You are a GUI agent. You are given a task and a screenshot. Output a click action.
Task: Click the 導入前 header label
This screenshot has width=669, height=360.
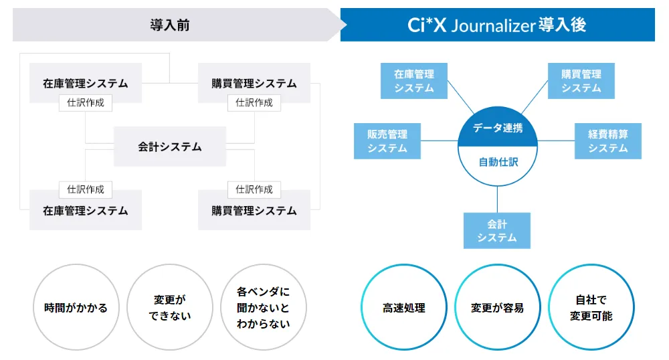(170, 25)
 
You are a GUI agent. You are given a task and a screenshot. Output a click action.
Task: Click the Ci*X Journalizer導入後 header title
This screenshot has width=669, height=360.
(497, 25)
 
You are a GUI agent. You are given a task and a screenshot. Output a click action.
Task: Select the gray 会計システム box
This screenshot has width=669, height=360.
(170, 147)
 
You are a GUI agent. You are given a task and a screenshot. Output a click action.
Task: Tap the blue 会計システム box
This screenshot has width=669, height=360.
(497, 231)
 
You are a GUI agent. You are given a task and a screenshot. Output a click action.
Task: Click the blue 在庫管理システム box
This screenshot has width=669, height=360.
(414, 81)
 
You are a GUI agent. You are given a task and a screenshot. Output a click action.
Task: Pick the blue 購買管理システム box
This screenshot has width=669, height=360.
(581, 81)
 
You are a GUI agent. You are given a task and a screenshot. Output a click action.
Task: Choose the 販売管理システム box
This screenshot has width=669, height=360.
(387, 141)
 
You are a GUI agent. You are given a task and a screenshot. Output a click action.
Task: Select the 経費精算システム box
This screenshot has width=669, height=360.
(608, 141)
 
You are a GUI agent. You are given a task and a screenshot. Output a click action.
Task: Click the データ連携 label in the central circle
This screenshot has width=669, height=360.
(498, 128)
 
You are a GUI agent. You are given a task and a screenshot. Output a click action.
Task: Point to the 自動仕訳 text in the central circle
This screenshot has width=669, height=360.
(498, 161)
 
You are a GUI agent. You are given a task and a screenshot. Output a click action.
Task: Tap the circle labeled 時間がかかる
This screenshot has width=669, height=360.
(76, 308)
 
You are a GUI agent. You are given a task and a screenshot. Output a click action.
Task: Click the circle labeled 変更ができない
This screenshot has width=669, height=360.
(169, 308)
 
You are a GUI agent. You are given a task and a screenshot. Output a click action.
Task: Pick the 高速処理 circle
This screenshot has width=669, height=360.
(404, 308)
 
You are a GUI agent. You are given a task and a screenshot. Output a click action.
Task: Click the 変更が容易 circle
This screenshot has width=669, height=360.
(498, 308)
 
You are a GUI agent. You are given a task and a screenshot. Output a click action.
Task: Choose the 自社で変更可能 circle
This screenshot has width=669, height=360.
(591, 308)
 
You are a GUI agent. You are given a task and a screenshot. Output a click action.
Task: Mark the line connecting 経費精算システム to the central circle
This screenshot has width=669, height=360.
(556, 141)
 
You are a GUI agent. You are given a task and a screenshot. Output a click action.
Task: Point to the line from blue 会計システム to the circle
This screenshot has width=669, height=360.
(498, 199)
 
